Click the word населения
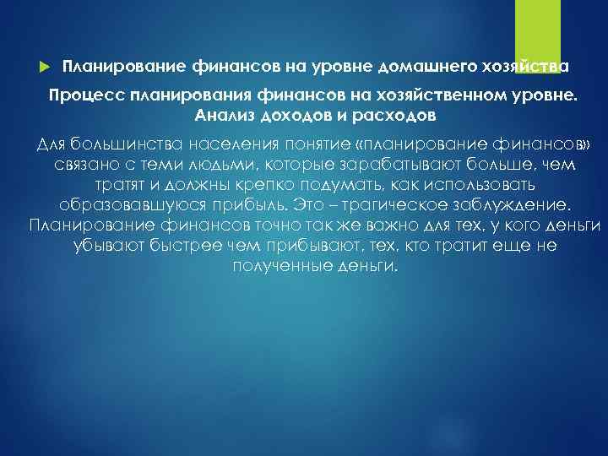(x=233, y=142)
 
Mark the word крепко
(x=272, y=183)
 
